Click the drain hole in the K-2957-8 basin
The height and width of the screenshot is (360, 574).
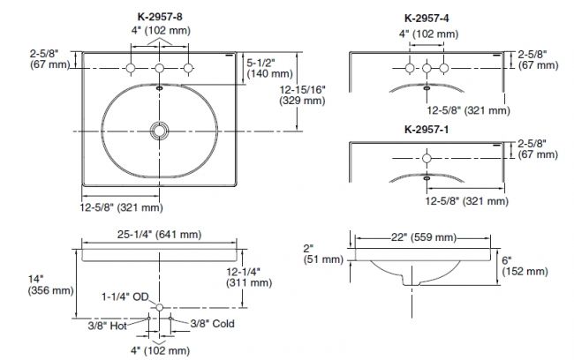pos(160,131)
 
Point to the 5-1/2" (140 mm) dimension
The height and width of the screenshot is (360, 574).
pos(262,70)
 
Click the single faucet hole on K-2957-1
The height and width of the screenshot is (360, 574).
pos(427,157)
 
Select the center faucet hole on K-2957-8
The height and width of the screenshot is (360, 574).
pos(160,69)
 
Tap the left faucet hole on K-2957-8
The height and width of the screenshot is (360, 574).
pos(131,69)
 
